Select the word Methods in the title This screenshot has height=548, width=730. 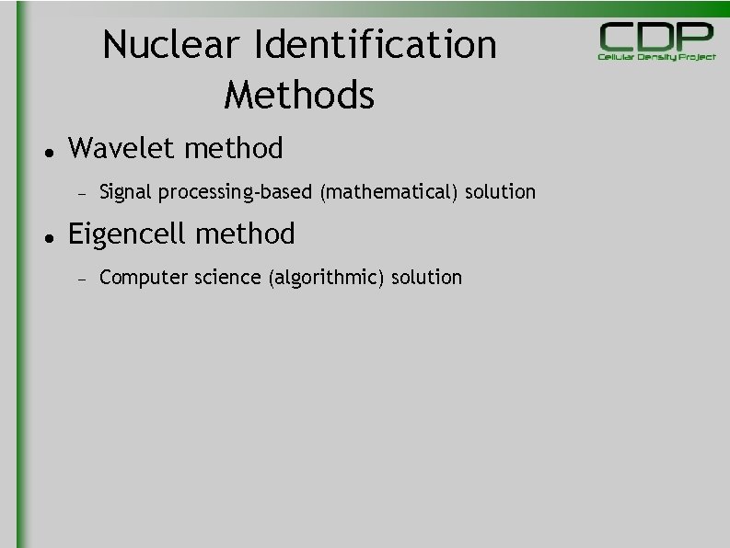[299, 95]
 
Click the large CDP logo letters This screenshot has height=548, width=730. [656, 37]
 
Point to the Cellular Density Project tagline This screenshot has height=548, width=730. [656, 57]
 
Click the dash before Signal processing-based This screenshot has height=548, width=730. [81, 193]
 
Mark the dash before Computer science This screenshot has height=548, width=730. [81, 279]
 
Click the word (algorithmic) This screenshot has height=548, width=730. [326, 278]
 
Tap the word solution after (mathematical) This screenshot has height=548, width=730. [500, 192]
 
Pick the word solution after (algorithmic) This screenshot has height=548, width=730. [426, 278]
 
